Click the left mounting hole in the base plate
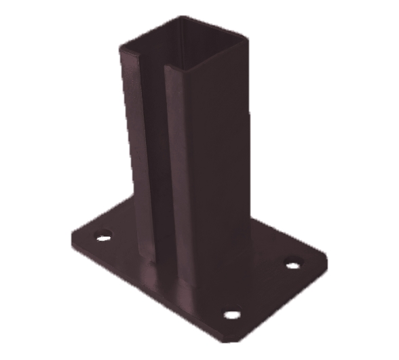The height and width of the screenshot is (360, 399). click(x=103, y=238)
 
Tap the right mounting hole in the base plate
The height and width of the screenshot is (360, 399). click(x=292, y=264)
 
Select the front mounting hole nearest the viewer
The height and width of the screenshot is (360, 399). click(x=232, y=315)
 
